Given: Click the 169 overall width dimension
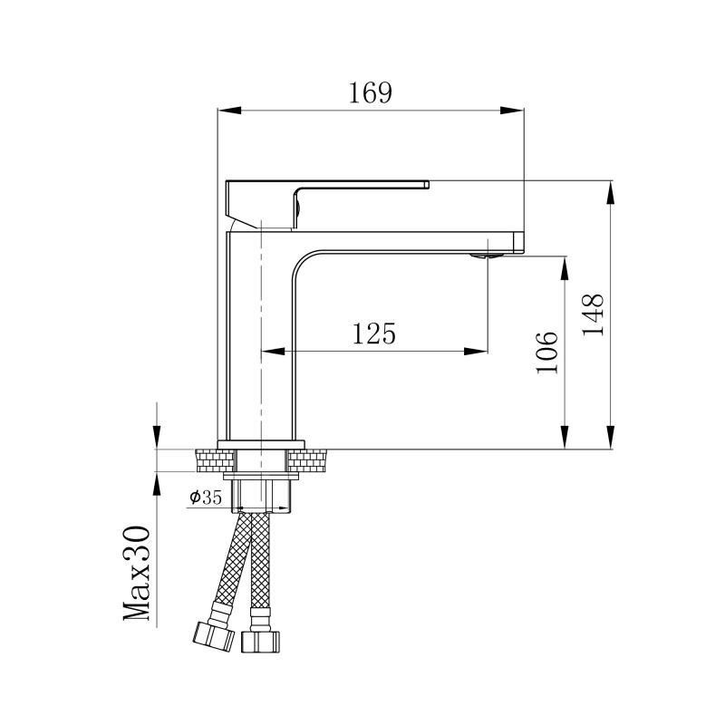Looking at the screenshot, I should [x=371, y=93].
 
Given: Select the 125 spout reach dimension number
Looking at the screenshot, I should [x=374, y=333].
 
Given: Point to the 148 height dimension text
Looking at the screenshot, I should [x=594, y=314].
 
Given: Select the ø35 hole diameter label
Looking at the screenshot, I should [x=206, y=497].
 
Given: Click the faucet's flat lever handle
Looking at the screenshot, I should [x=362, y=186].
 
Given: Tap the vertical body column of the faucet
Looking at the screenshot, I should [x=260, y=344].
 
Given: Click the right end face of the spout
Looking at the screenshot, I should [x=519, y=242].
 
